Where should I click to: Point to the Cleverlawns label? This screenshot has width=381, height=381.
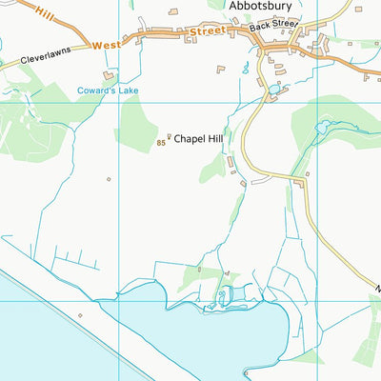[44, 59]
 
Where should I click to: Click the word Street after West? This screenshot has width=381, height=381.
[208, 31]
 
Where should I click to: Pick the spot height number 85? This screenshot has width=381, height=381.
[161, 144]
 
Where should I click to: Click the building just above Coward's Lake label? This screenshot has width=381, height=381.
[109, 74]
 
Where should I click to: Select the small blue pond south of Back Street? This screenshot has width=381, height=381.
[275, 89]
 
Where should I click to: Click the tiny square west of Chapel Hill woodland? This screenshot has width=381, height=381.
[109, 178]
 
